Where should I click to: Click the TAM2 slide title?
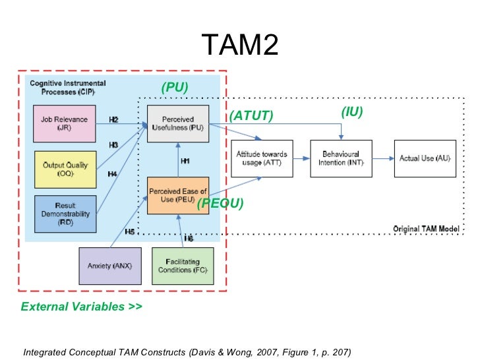click(x=240, y=45)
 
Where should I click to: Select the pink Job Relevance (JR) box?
click(x=65, y=123)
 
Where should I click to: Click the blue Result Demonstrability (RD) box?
click(x=65, y=213)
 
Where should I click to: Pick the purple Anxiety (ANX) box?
click(x=109, y=266)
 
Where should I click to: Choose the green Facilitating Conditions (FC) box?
click(x=183, y=266)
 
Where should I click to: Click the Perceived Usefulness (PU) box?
click(x=178, y=123)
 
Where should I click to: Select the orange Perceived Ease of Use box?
click(x=178, y=195)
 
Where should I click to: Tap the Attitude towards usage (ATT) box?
click(x=262, y=158)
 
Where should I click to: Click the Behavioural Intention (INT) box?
click(x=341, y=158)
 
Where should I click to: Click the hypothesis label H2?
click(x=113, y=119)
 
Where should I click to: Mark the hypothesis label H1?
click(x=185, y=161)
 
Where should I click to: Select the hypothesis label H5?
click(x=130, y=231)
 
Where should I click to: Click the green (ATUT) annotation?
click(x=251, y=116)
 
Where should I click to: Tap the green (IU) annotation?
click(x=352, y=112)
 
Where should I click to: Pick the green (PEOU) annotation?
click(x=220, y=204)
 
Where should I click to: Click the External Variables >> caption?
click(x=81, y=307)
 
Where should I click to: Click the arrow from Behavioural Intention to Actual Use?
click(x=382, y=158)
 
